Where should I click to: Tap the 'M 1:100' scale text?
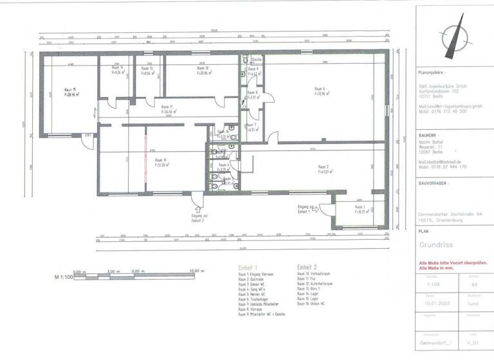[63, 277]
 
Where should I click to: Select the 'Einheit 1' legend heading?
[247, 267]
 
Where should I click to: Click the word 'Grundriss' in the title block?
[437, 245]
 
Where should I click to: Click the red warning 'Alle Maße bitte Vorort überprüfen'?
[452, 264]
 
